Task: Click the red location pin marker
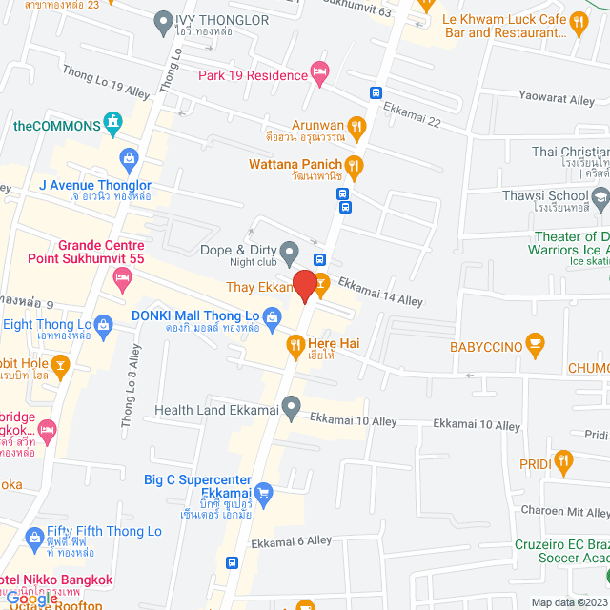(304, 286)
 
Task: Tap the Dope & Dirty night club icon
(292, 251)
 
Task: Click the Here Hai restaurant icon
(295, 344)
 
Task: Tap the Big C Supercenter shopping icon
(265, 493)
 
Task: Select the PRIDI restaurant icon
(563, 463)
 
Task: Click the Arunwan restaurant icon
(356, 125)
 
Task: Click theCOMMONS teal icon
(114, 122)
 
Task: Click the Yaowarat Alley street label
(557, 97)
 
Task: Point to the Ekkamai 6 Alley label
(291, 541)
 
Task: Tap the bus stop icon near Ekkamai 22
(376, 93)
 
